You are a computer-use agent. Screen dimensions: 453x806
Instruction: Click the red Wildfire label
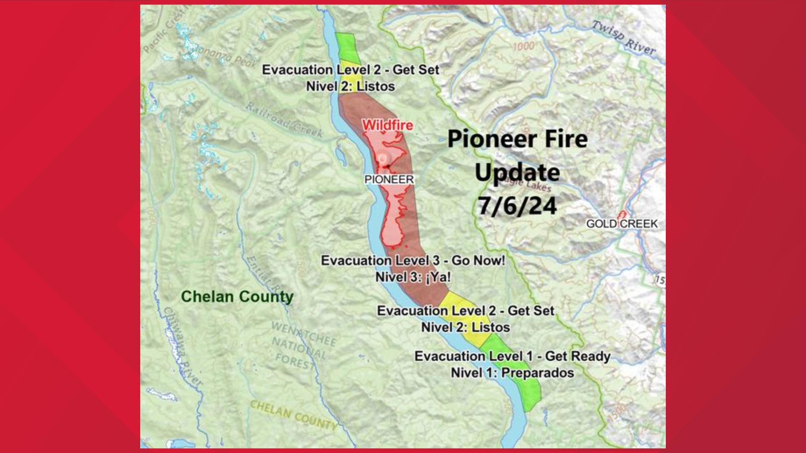tap(387, 125)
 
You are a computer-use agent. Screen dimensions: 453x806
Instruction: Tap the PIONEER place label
tap(389, 180)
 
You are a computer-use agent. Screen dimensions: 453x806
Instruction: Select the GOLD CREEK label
tap(622, 224)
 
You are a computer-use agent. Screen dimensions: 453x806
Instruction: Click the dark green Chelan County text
tap(237, 297)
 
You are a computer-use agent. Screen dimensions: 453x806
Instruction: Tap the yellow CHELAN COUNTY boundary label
tap(293, 415)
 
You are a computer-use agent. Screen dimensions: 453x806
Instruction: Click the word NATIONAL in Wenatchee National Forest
tap(299, 348)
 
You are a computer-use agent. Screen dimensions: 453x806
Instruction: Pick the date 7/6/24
tap(517, 206)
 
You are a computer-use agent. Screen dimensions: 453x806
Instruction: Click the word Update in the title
tap(517, 172)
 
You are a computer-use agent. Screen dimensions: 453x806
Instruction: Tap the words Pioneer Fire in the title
tap(517, 139)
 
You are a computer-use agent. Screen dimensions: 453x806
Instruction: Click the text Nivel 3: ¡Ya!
tap(413, 277)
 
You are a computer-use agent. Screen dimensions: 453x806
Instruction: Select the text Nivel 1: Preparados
tap(512, 373)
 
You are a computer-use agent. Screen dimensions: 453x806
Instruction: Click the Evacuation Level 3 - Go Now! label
tap(413, 260)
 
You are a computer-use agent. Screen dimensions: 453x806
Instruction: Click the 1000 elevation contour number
tap(523, 46)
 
